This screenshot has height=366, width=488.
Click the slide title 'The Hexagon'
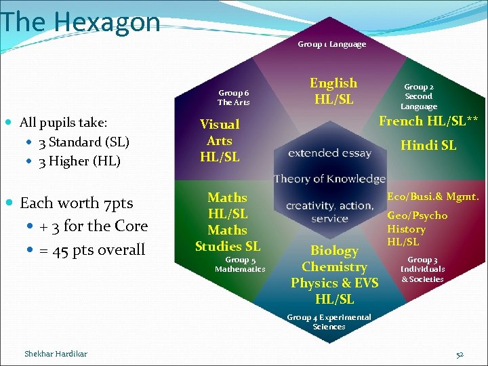click(x=80, y=22)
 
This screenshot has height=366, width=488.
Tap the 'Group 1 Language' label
click(x=331, y=44)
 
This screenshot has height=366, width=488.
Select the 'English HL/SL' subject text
click(x=333, y=91)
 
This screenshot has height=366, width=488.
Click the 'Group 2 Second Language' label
click(x=419, y=96)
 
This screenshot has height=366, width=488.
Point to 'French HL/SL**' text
click(x=428, y=121)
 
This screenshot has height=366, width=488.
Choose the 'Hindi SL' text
click(x=428, y=145)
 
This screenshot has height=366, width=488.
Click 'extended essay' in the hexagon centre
click(x=329, y=153)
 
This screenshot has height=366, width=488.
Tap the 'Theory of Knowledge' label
click(x=329, y=179)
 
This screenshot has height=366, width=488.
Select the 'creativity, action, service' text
click(x=329, y=211)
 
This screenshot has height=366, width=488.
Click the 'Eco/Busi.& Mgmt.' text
click(x=432, y=197)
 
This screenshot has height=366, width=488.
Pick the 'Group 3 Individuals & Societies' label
click(x=422, y=269)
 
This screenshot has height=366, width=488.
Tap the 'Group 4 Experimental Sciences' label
click(x=329, y=322)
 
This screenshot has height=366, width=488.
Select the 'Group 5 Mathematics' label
click(x=240, y=264)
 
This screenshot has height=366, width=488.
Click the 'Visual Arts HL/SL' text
click(x=220, y=140)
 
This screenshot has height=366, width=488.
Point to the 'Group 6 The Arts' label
click(x=233, y=98)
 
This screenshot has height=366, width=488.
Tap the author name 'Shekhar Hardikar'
click(x=56, y=354)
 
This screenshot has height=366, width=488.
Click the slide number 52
click(x=460, y=354)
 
